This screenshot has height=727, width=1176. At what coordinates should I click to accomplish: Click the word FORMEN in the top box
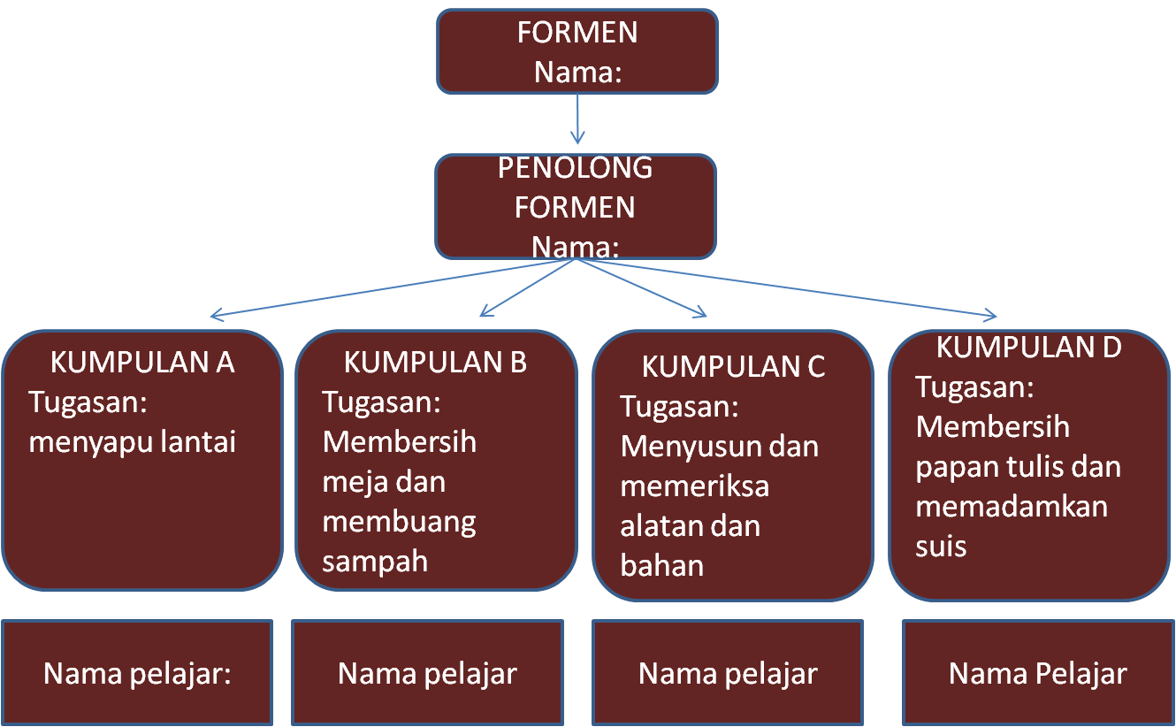[577, 33]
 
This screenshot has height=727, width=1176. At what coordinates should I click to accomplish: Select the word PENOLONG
[576, 168]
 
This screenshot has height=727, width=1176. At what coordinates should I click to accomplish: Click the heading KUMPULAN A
[142, 363]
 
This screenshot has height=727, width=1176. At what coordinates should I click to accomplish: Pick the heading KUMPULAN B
[435, 363]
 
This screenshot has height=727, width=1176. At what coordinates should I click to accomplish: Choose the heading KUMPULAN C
[733, 367]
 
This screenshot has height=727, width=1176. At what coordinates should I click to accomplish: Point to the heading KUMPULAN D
[1028, 348]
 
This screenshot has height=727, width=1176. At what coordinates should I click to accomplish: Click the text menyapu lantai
[133, 441]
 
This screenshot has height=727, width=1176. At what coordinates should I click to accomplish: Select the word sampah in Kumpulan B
[375, 561]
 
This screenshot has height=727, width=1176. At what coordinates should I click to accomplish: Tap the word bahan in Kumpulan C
[662, 565]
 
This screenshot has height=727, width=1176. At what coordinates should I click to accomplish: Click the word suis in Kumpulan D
[941, 546]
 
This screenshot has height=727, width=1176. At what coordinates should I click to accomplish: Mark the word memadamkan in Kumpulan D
[1012, 507]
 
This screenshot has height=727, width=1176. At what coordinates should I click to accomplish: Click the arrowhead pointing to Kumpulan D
[992, 316]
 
